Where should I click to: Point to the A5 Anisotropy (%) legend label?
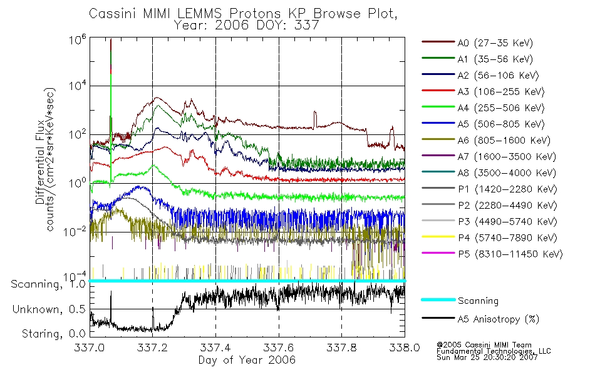pyautogui.click(x=498, y=319)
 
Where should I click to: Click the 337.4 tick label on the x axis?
pyautogui.click(x=215, y=348)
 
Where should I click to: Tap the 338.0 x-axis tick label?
pyautogui.click(x=405, y=348)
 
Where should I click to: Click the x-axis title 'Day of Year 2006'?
pyautogui.click(x=247, y=360)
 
